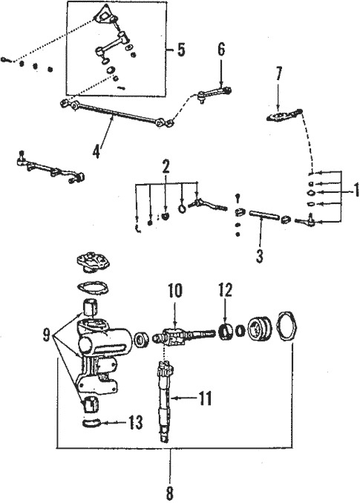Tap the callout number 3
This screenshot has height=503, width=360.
258,257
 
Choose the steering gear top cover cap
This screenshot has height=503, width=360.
93,264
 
